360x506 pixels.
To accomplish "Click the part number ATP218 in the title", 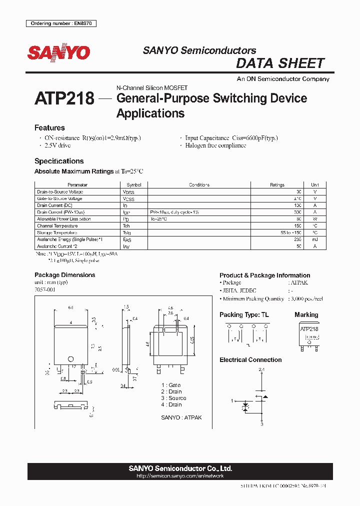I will pyautogui.click(x=64, y=98).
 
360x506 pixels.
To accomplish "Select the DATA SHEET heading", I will pyautogui.click(x=280, y=63).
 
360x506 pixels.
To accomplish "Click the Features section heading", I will pyautogui.click(x=49, y=128).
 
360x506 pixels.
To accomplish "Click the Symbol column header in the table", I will pyautogui.click(x=134, y=185).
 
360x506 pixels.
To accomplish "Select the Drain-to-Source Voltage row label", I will pyautogui.click(x=60, y=192).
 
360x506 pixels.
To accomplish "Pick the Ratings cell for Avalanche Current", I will pyautogui.click(x=299, y=246).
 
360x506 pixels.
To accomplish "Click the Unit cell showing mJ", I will pyautogui.click(x=315, y=239).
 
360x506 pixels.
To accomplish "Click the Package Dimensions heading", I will pyautogui.click(x=64, y=275).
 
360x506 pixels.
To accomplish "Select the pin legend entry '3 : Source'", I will pyautogui.click(x=173, y=398).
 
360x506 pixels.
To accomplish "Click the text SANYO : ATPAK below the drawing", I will pyautogui.click(x=181, y=417).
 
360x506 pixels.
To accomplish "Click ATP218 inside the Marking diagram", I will pyautogui.click(x=309, y=329).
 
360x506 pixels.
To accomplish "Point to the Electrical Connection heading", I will pyautogui.click(x=250, y=360).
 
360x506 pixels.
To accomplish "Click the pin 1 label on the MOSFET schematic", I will pyautogui.click(x=232, y=400).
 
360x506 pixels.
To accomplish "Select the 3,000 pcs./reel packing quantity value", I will pyautogui.click(x=305, y=298).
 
